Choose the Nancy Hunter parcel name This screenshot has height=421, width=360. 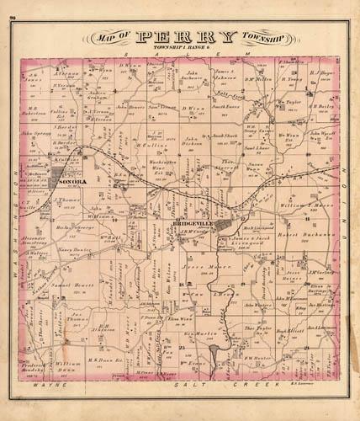[74, 251]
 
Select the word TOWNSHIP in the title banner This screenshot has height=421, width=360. [264, 38]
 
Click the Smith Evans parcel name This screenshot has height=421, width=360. [226, 109]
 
